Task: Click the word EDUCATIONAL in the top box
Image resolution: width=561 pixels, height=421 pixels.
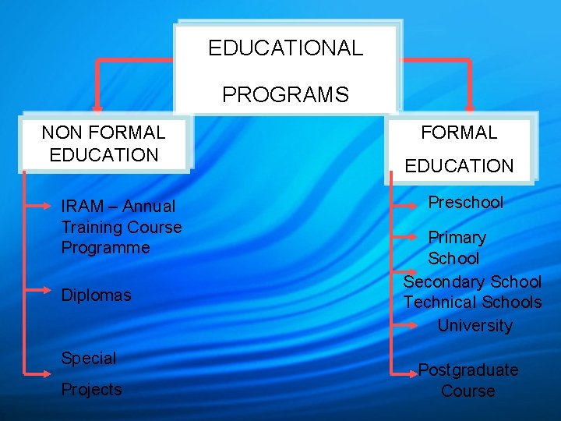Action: pyautogui.click(x=285, y=48)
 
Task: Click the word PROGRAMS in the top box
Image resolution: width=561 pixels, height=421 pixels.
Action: pyautogui.click(x=285, y=95)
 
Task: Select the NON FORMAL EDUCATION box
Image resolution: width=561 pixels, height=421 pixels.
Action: pyautogui.click(x=104, y=143)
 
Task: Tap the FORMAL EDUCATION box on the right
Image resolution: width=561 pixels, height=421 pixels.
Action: pyautogui.click(x=459, y=149)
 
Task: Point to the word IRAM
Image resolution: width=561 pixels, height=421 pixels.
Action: pyautogui.click(x=82, y=207)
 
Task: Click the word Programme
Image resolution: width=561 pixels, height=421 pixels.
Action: pyautogui.click(x=105, y=248)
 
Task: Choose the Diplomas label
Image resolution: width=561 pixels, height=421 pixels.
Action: pyautogui.click(x=96, y=295)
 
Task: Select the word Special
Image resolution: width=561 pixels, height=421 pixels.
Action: pyautogui.click(x=88, y=359)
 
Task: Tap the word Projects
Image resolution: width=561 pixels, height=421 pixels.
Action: pyautogui.click(x=91, y=390)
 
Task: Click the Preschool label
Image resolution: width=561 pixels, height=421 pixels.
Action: pyautogui.click(x=466, y=203)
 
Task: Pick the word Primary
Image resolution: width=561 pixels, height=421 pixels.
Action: pyautogui.click(x=457, y=238)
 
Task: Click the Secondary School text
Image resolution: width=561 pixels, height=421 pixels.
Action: pyautogui.click(x=471, y=281)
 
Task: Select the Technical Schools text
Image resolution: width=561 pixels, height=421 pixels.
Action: pyautogui.click(x=472, y=302)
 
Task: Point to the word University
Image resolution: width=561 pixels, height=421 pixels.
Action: pyautogui.click(x=475, y=325)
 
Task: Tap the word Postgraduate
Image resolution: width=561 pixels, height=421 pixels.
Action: pyautogui.click(x=468, y=370)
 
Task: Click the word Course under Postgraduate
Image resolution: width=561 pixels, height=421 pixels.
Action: pyautogui.click(x=467, y=391)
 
